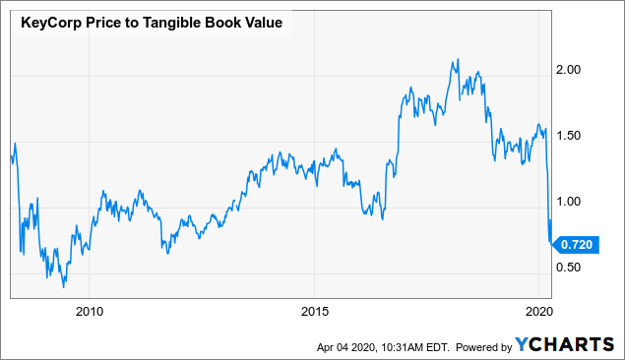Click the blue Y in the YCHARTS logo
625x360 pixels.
[524, 345]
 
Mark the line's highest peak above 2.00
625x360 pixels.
[457, 60]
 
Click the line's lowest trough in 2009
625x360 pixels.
[64, 286]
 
